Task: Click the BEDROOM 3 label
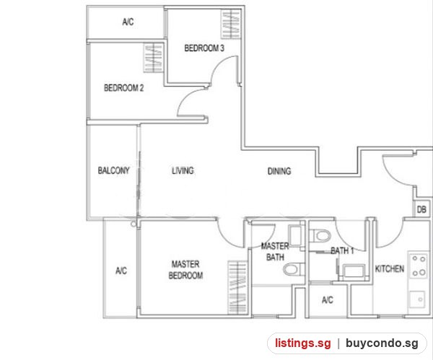pos(204,48)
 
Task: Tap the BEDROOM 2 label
pos(123,88)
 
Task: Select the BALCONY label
pos(113,170)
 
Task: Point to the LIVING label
pos(183,170)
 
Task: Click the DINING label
pos(279,171)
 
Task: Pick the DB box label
pos(421,209)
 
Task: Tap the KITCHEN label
pos(390,268)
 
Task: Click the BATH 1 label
pos(342,250)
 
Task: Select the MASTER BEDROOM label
pos(185,270)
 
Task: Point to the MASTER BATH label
pos(275,252)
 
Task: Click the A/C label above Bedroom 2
pos(128,22)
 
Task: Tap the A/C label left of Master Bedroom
pos(121,271)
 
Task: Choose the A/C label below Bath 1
pos(328,300)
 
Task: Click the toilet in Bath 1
pos(320,236)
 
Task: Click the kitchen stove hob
pos(419,265)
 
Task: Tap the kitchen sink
pos(417,299)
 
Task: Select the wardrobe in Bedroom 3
pos(231,25)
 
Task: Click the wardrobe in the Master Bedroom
pos(237,288)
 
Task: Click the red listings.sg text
pos(302,343)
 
